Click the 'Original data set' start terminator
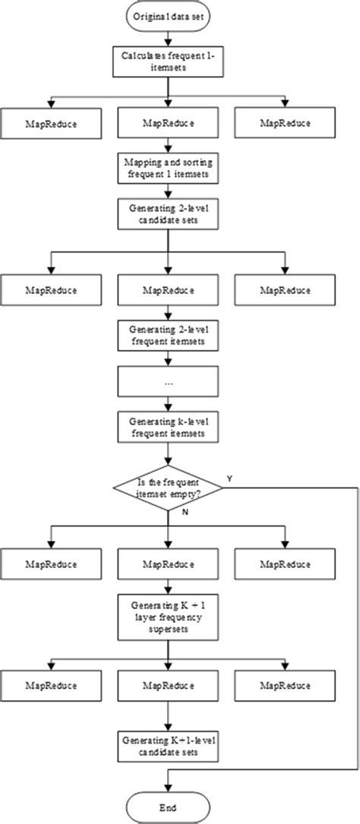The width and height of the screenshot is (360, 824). [166, 15]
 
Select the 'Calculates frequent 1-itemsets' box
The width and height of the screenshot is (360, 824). [166, 61]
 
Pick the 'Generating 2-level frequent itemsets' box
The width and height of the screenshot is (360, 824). [166, 336]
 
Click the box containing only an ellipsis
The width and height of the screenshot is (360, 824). [166, 384]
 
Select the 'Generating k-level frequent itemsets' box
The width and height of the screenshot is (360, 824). [166, 429]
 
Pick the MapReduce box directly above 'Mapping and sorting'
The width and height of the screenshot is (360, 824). [166, 122]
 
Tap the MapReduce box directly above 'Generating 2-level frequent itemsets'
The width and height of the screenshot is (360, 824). [166, 291]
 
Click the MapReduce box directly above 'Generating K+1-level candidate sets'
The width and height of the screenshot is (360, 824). [166, 685]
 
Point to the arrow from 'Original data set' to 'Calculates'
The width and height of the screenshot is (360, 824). [166, 36]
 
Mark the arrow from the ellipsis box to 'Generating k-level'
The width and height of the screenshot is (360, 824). [166, 404]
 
